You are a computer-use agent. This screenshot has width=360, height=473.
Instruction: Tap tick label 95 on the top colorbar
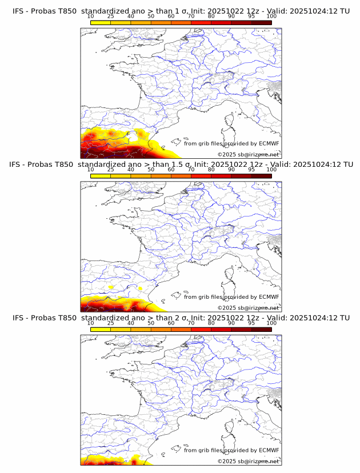tap(251, 17)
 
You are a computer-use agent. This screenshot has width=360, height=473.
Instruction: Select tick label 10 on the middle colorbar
tap(91, 170)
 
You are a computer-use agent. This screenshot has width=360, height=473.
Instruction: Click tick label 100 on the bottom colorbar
tap(271, 323)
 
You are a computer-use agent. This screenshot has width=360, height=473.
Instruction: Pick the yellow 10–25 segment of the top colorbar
tap(101, 22)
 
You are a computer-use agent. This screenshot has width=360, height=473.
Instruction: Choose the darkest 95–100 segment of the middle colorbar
tap(261, 175)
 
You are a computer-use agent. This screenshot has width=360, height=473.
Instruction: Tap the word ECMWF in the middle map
tap(269, 297)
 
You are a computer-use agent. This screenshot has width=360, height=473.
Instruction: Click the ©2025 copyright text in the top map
tap(227, 155)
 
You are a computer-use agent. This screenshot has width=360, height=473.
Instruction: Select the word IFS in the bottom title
tap(18, 318)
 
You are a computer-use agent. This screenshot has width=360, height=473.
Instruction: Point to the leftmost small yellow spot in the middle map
tap(111, 286)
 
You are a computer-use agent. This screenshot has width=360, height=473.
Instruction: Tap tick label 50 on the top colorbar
tap(151, 17)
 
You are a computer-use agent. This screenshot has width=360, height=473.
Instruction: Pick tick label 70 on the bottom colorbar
tap(191, 323)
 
